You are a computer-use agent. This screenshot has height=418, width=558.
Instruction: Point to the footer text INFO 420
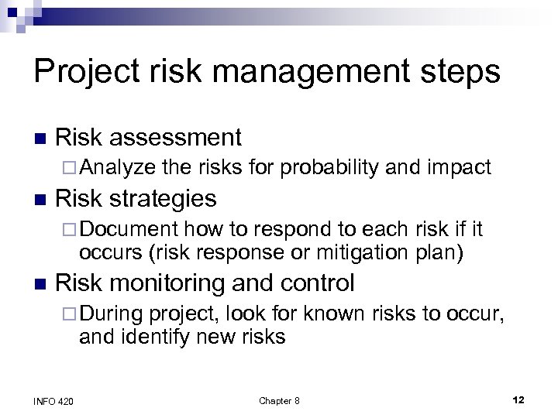tap(53, 399)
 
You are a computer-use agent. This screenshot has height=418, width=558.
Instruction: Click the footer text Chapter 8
tap(279, 399)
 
